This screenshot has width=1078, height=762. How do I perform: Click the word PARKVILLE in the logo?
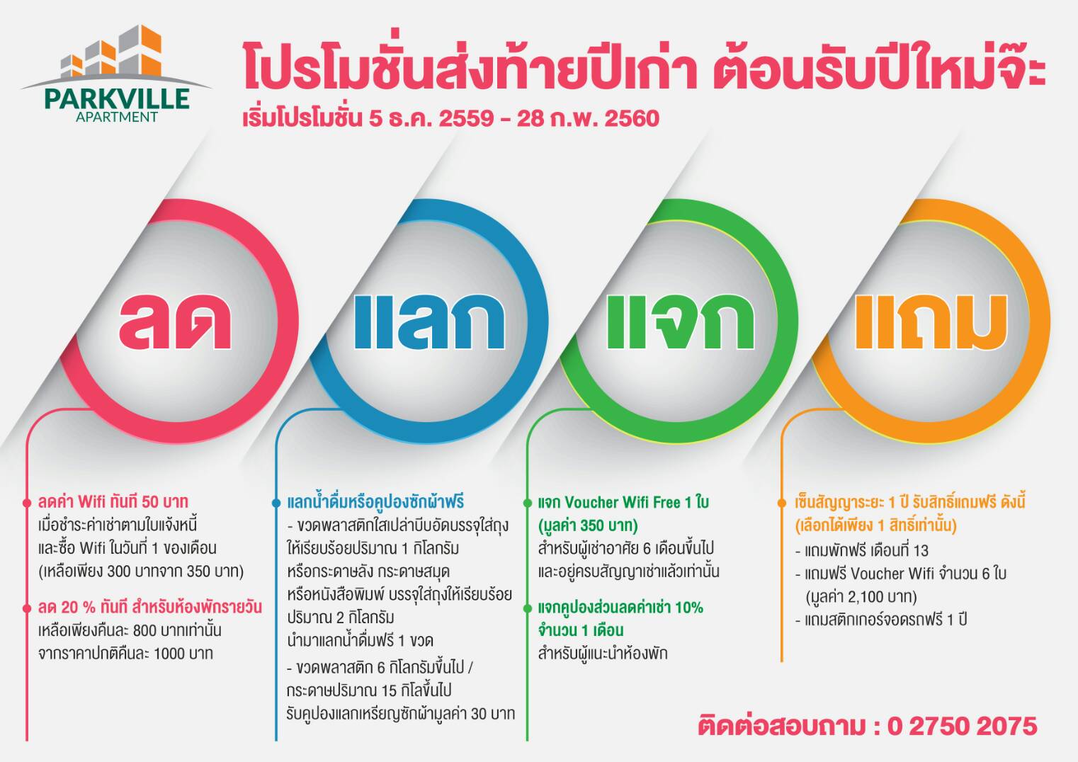(117, 98)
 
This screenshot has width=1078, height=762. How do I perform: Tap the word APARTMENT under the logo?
(117, 117)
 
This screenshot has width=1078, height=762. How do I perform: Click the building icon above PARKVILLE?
(112, 51)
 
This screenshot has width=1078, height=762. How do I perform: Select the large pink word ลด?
(175, 322)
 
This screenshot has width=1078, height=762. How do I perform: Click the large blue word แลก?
(429, 322)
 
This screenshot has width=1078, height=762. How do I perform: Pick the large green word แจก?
(680, 322)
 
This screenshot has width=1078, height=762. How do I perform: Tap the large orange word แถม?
(931, 322)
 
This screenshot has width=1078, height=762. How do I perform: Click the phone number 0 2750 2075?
(963, 726)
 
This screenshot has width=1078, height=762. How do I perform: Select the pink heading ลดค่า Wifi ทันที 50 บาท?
(113, 502)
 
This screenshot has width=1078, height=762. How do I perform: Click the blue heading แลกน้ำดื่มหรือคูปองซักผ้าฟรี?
(375, 502)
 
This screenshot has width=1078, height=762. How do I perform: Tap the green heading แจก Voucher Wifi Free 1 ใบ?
(623, 503)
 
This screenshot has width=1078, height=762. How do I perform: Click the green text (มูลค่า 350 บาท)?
(588, 525)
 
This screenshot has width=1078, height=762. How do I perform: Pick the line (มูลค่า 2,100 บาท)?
(861, 597)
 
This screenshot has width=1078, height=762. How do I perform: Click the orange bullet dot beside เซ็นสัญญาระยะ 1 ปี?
(781, 504)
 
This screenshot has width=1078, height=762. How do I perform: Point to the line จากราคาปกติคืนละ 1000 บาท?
(125, 653)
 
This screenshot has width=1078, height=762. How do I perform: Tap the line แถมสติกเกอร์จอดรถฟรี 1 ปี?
(881, 620)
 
